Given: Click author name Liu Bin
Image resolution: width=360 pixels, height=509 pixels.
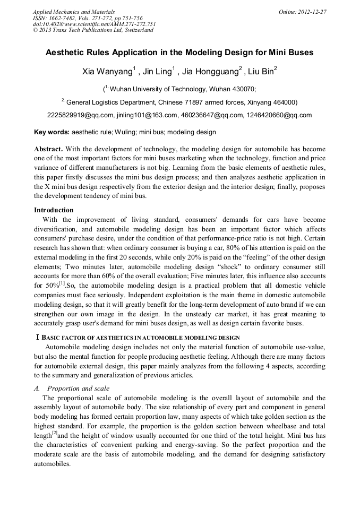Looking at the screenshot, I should point(260,72).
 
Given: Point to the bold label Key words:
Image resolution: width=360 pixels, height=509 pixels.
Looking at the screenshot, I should point(52,132).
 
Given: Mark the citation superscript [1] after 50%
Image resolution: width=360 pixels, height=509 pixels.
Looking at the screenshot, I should point(62,284).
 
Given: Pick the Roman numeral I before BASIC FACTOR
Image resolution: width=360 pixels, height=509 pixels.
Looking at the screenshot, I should point(37,338).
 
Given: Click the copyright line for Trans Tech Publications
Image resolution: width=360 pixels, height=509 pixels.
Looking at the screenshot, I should point(93,30).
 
